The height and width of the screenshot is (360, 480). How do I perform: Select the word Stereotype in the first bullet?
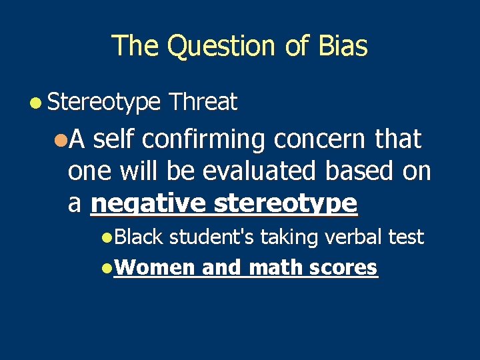(104, 102)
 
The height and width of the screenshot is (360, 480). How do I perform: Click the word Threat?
(203, 102)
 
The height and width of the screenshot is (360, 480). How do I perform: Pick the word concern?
(319, 140)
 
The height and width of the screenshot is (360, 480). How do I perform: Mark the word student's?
(212, 237)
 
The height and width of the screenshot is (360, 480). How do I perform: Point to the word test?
(405, 237)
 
